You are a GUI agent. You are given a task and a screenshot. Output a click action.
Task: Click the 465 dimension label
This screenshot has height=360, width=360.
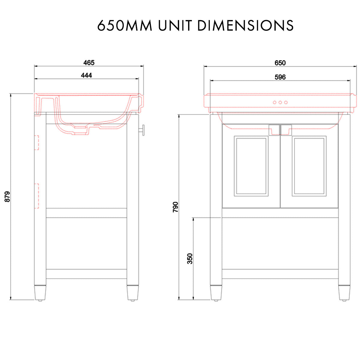click(x=89, y=63)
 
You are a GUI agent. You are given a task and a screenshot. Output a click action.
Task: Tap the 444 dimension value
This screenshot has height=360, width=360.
click(x=86, y=75)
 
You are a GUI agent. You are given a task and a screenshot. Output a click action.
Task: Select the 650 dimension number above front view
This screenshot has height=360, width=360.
click(x=280, y=63)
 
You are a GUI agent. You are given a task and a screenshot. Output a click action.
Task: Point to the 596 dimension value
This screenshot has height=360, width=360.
click(x=280, y=77)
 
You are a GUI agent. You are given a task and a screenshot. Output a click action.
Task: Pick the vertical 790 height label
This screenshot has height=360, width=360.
click(x=175, y=207)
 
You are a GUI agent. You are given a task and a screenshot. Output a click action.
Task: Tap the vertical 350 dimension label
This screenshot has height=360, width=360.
click(x=190, y=259)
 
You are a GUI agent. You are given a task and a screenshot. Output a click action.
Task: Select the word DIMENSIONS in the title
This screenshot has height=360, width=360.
click(x=246, y=25)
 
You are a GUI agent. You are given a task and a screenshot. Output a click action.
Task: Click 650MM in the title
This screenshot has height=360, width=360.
click(x=125, y=25)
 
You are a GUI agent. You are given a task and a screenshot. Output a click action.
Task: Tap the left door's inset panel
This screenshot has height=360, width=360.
click(x=251, y=166)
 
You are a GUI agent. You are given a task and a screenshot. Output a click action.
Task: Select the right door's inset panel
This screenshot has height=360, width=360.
click(x=309, y=166)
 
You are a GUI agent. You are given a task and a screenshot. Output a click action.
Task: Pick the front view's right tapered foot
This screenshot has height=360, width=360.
click(x=344, y=292)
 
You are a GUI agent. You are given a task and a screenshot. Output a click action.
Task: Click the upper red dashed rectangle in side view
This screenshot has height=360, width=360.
click(x=37, y=142)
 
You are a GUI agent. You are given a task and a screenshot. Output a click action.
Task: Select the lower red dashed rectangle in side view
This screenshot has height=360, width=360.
click(x=37, y=196)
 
